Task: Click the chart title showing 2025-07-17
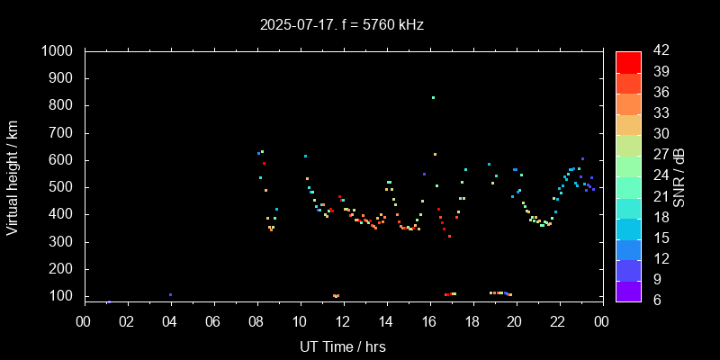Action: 341,25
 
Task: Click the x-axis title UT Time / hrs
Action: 342,346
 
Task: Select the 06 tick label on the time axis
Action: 213,321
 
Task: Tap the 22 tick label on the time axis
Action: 558,321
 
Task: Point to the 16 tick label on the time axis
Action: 429,321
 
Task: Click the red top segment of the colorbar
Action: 628,61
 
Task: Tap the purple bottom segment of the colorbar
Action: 628,291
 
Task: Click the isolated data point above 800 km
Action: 433,97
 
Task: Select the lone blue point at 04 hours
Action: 170,294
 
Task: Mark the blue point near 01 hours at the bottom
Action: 109,301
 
